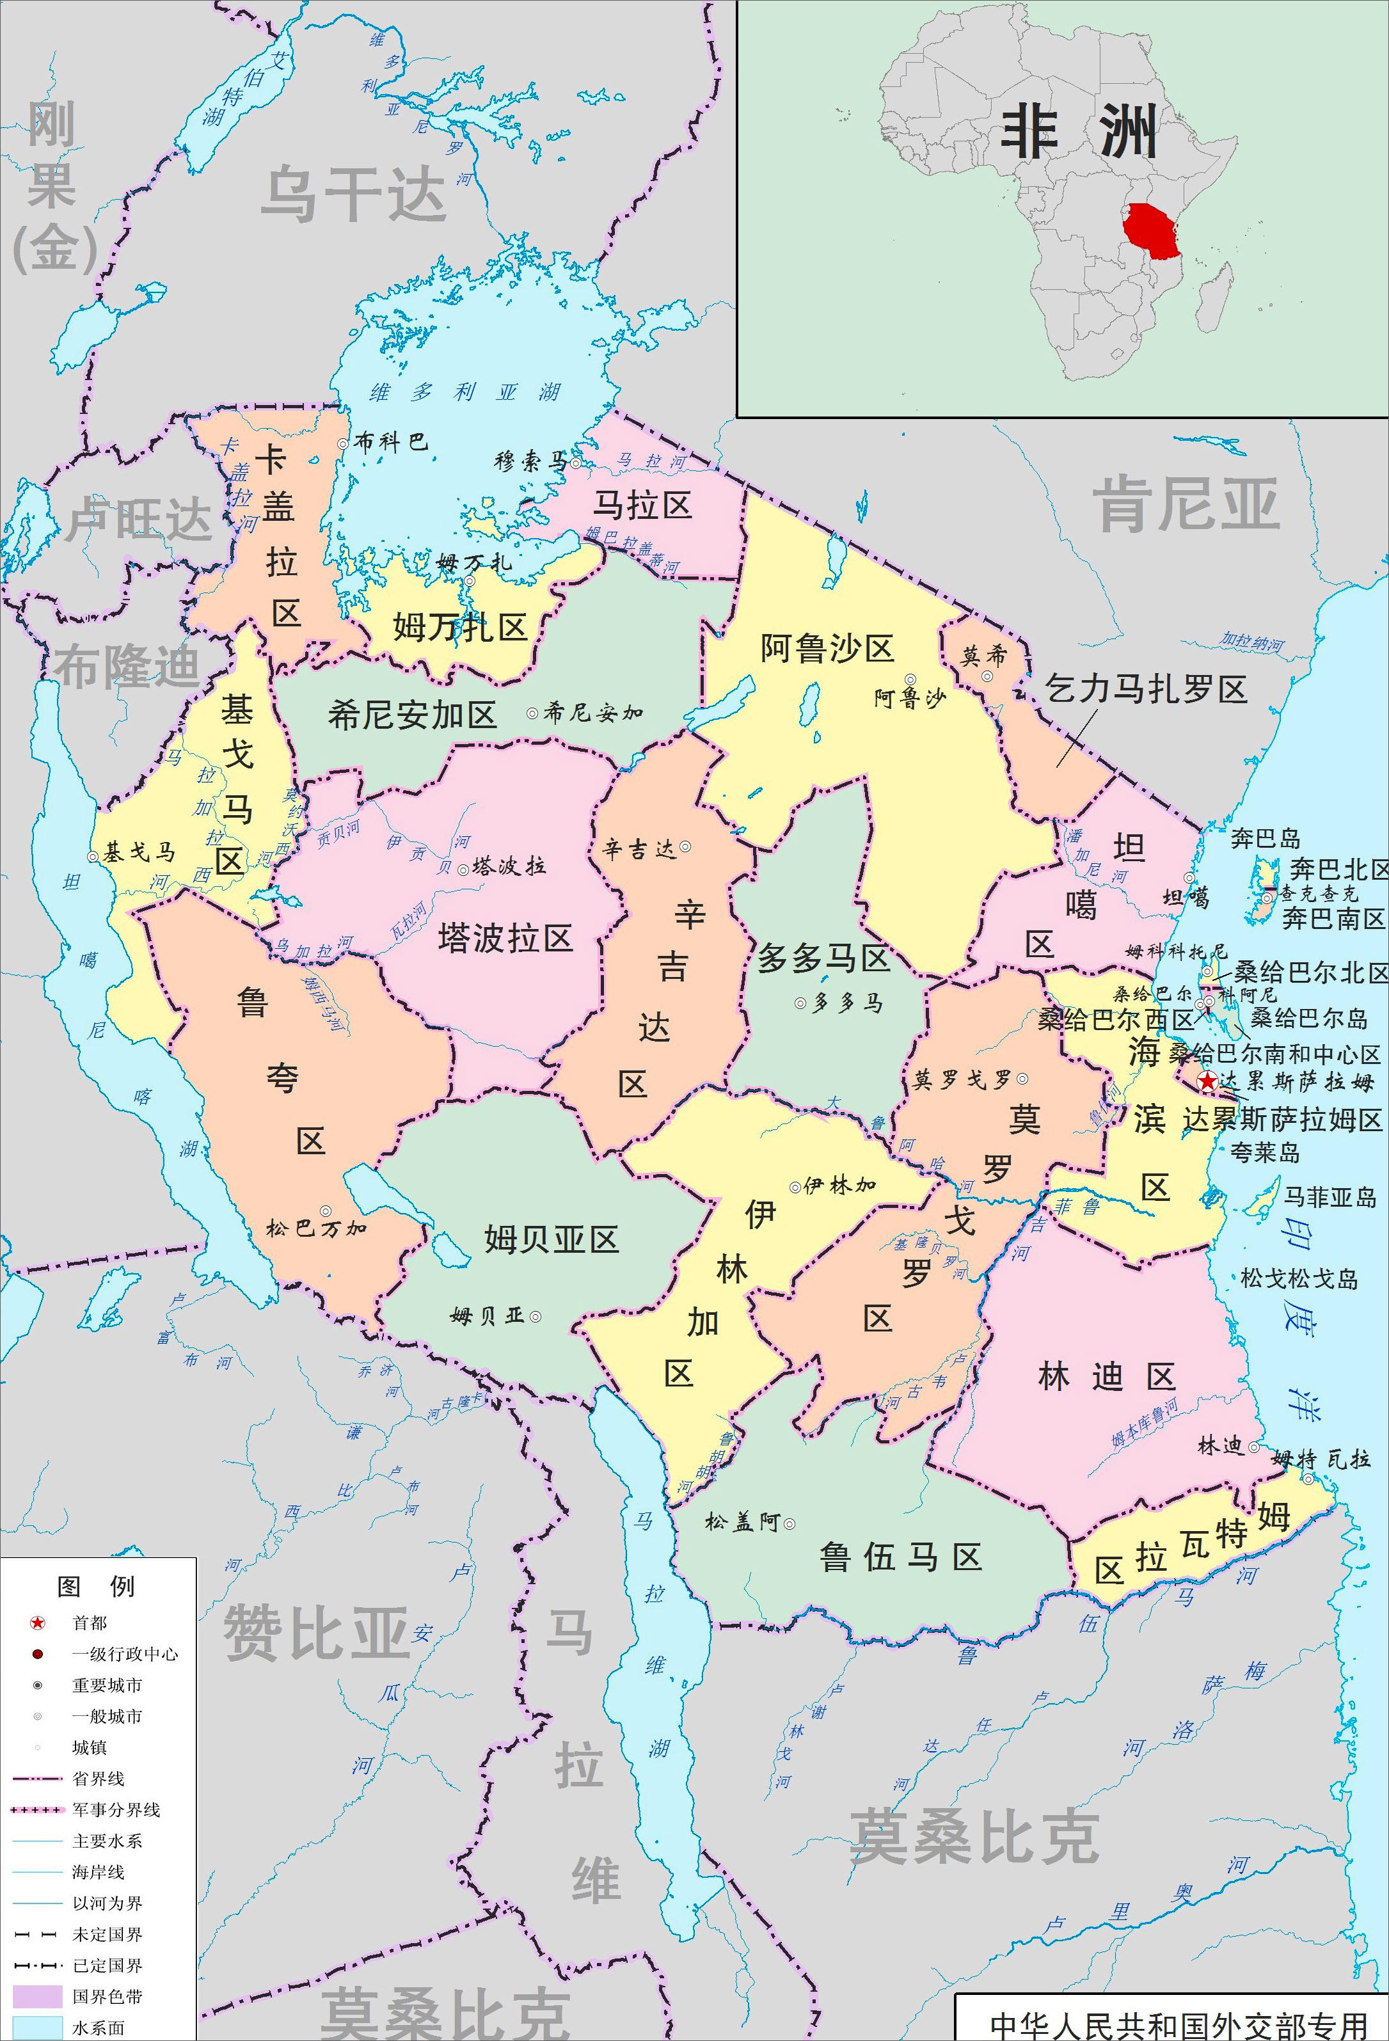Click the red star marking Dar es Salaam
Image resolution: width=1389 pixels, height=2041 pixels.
point(1208,1082)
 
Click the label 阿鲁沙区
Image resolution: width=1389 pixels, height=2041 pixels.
point(827,649)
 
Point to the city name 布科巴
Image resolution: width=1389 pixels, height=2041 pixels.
point(390,441)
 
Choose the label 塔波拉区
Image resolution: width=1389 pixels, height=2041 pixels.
point(505,938)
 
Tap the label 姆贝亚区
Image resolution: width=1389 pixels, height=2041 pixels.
point(552,1239)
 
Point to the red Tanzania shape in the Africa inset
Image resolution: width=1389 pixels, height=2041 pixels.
point(1153,231)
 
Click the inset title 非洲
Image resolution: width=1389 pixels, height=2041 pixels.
point(1078,132)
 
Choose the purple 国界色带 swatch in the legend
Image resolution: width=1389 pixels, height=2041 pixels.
point(37,1996)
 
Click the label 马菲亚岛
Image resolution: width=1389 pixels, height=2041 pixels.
point(1330,1197)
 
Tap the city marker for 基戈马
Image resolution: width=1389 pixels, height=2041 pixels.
point(92,856)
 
